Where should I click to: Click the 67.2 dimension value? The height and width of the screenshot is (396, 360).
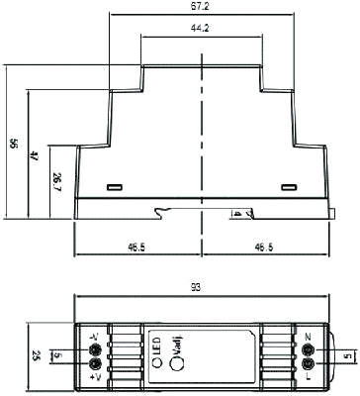tap(203, 6)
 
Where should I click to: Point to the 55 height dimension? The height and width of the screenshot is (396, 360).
tap(13, 144)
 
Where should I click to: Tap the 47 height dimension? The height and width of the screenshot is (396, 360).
tap(35, 155)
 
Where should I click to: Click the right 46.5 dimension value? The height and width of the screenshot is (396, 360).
tap(264, 246)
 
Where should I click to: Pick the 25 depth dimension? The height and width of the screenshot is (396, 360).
tap(37, 355)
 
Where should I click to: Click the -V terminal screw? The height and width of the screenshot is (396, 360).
tap(95, 346)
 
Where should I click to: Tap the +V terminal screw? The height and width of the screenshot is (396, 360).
tap(95, 364)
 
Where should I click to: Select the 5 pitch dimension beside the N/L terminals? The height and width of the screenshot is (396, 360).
tap(345, 355)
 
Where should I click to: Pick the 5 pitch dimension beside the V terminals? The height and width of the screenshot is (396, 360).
tap(58, 355)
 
